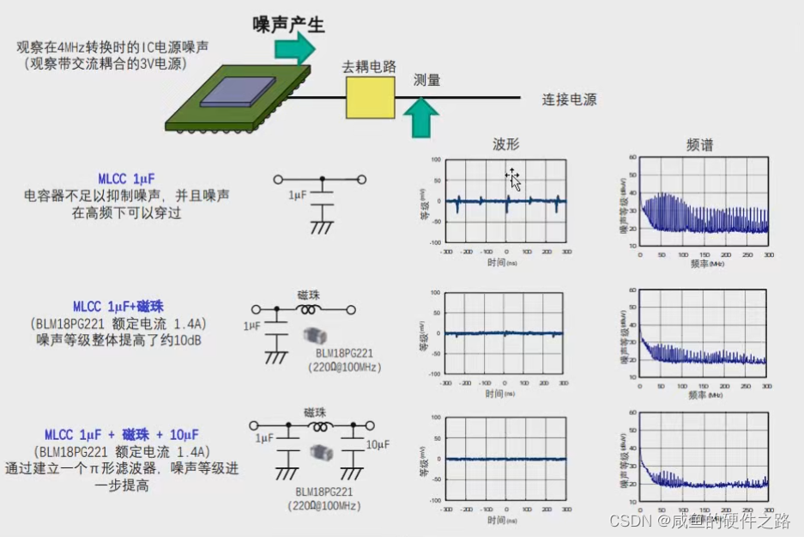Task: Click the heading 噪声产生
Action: pos(288,25)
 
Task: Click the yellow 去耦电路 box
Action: pos(371,97)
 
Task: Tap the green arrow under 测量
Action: pos(420,117)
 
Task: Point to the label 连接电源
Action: pos(569,100)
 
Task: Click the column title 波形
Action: pos(505,145)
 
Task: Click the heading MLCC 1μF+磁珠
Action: pos(118,307)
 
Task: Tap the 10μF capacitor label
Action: pos(378,444)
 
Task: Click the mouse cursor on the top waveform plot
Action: pos(513,179)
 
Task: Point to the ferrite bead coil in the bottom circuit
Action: pos(321,426)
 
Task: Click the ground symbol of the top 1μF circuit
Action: pos(322,228)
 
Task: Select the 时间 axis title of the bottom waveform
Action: pos(494,520)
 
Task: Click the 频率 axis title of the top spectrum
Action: pos(698,265)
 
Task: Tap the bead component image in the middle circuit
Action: pos(314,336)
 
